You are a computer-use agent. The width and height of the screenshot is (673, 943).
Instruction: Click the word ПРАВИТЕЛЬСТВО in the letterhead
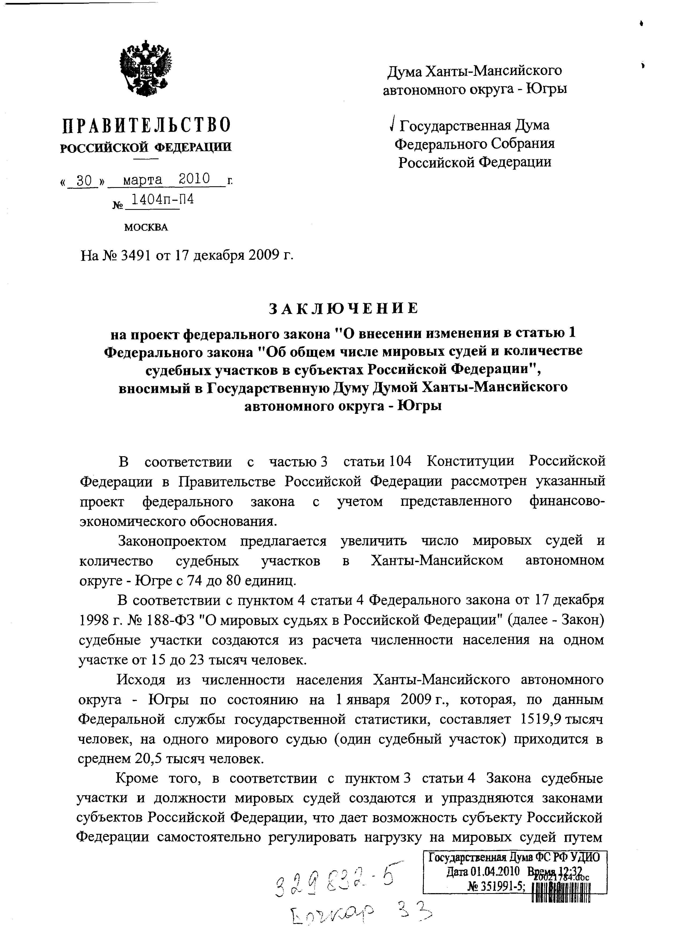coord(146,125)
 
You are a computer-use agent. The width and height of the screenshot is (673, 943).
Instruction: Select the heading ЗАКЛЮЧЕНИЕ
coord(343,309)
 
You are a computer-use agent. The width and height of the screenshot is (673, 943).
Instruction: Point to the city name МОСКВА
coord(146,228)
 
